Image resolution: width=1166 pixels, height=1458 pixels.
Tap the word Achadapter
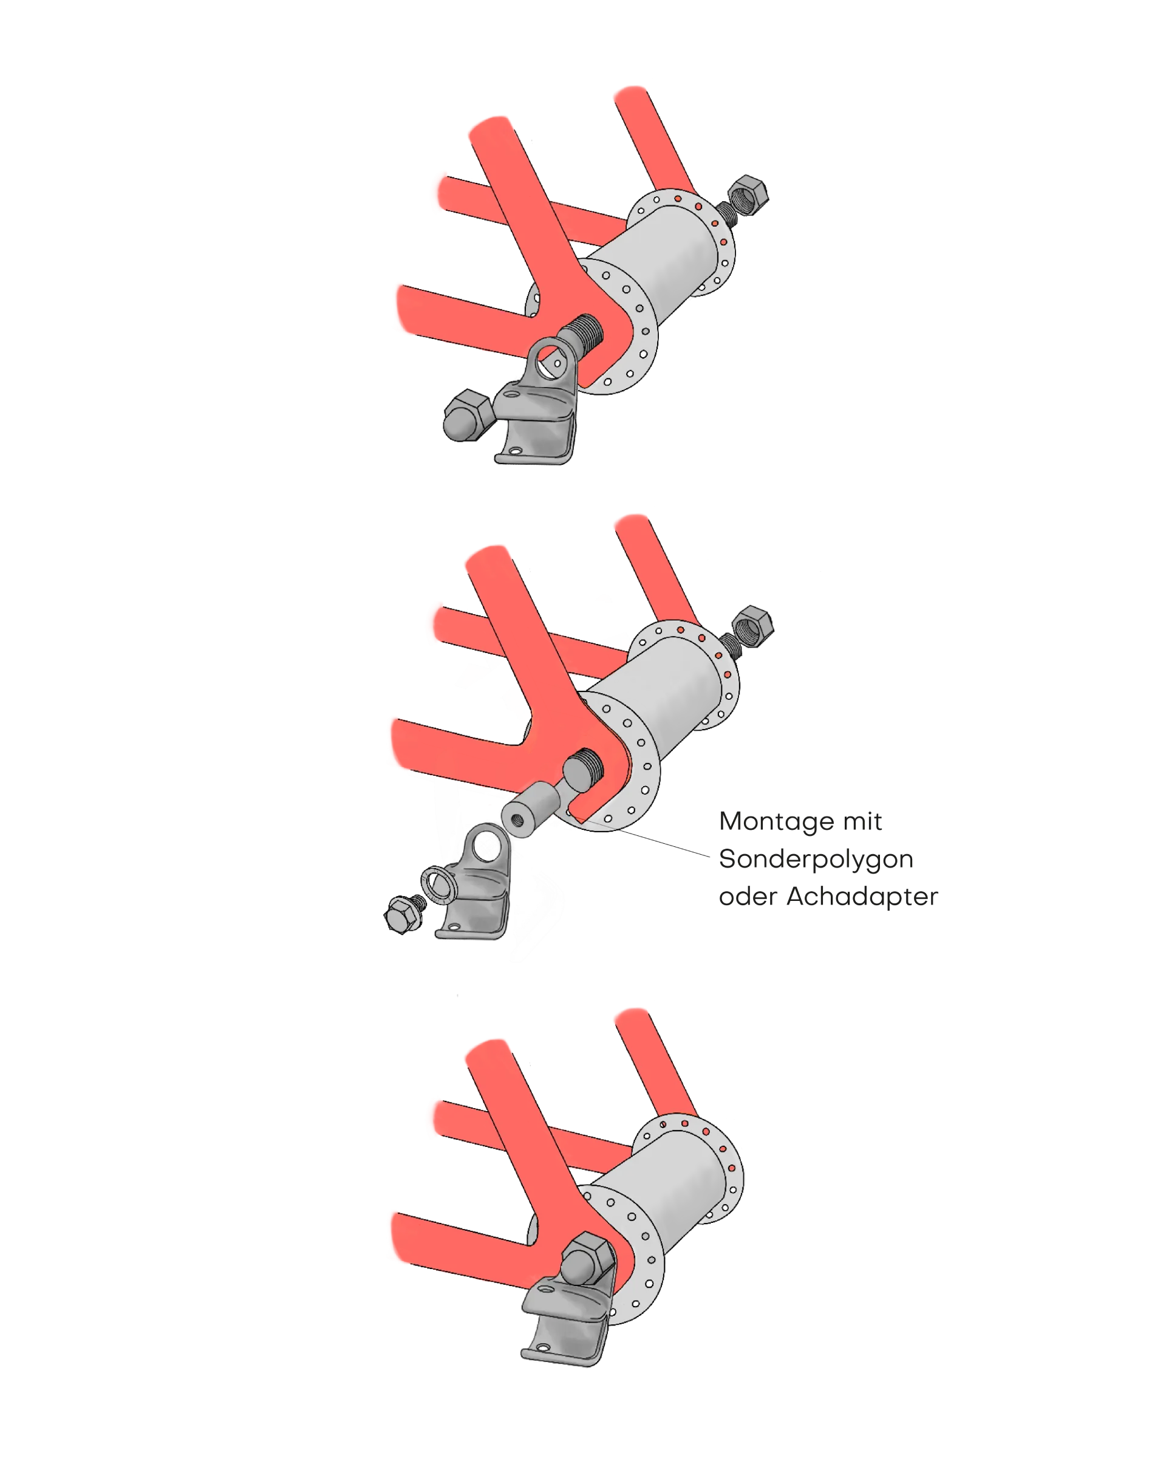tap(862, 897)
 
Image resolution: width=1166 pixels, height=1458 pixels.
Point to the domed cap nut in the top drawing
tap(467, 415)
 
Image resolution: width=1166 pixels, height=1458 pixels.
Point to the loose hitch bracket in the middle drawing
tap(475, 883)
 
